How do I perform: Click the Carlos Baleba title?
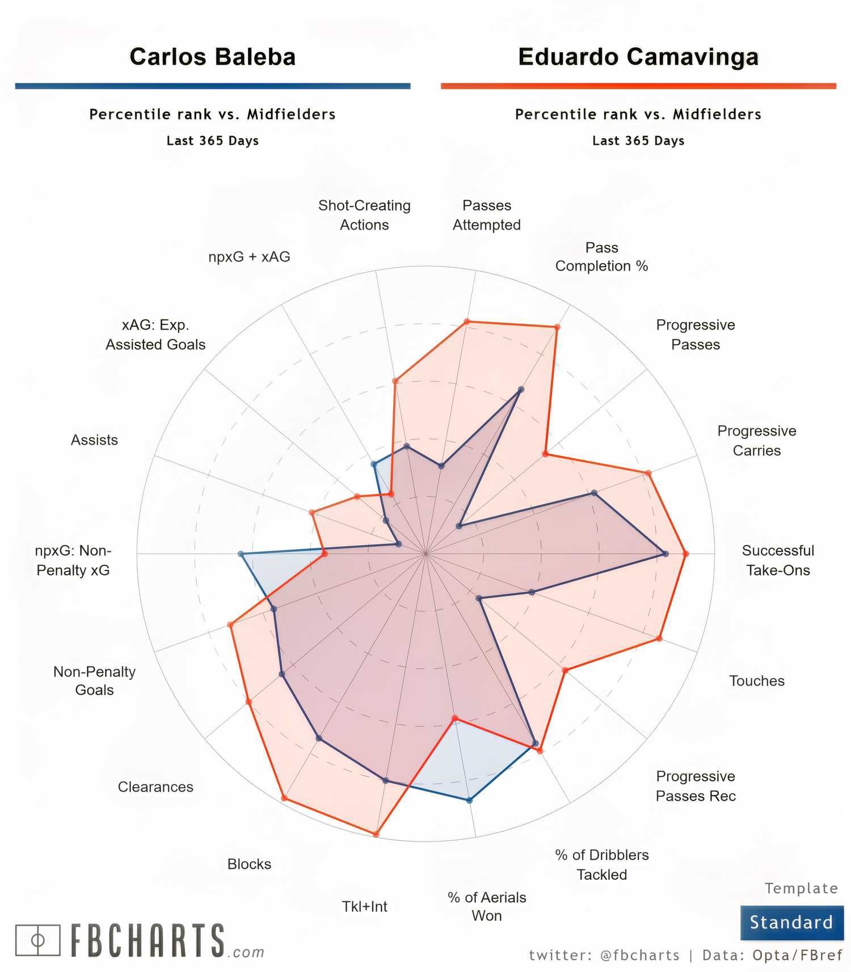tap(213, 57)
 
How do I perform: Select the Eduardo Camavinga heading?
tap(638, 57)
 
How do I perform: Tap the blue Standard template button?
tap(791, 922)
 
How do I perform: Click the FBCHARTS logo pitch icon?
tap(37, 940)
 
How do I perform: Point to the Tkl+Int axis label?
tap(364, 906)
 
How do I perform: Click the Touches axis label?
tap(756, 681)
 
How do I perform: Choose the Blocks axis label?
tap(249, 864)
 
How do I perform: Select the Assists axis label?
tap(94, 440)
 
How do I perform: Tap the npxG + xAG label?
tap(249, 257)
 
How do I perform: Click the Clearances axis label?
tap(155, 787)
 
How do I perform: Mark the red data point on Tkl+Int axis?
tap(376, 834)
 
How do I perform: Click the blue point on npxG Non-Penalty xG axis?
tap(241, 554)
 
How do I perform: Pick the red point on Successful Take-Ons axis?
tap(685, 554)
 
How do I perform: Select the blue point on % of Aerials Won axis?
tap(469, 800)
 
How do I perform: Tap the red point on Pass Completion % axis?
tap(557, 327)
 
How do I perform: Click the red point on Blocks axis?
tap(284, 798)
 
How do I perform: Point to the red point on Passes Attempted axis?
tap(467, 322)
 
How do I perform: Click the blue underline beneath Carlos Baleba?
tap(213, 86)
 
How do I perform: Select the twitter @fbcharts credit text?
tap(604, 956)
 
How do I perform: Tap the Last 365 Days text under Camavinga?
tap(638, 141)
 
